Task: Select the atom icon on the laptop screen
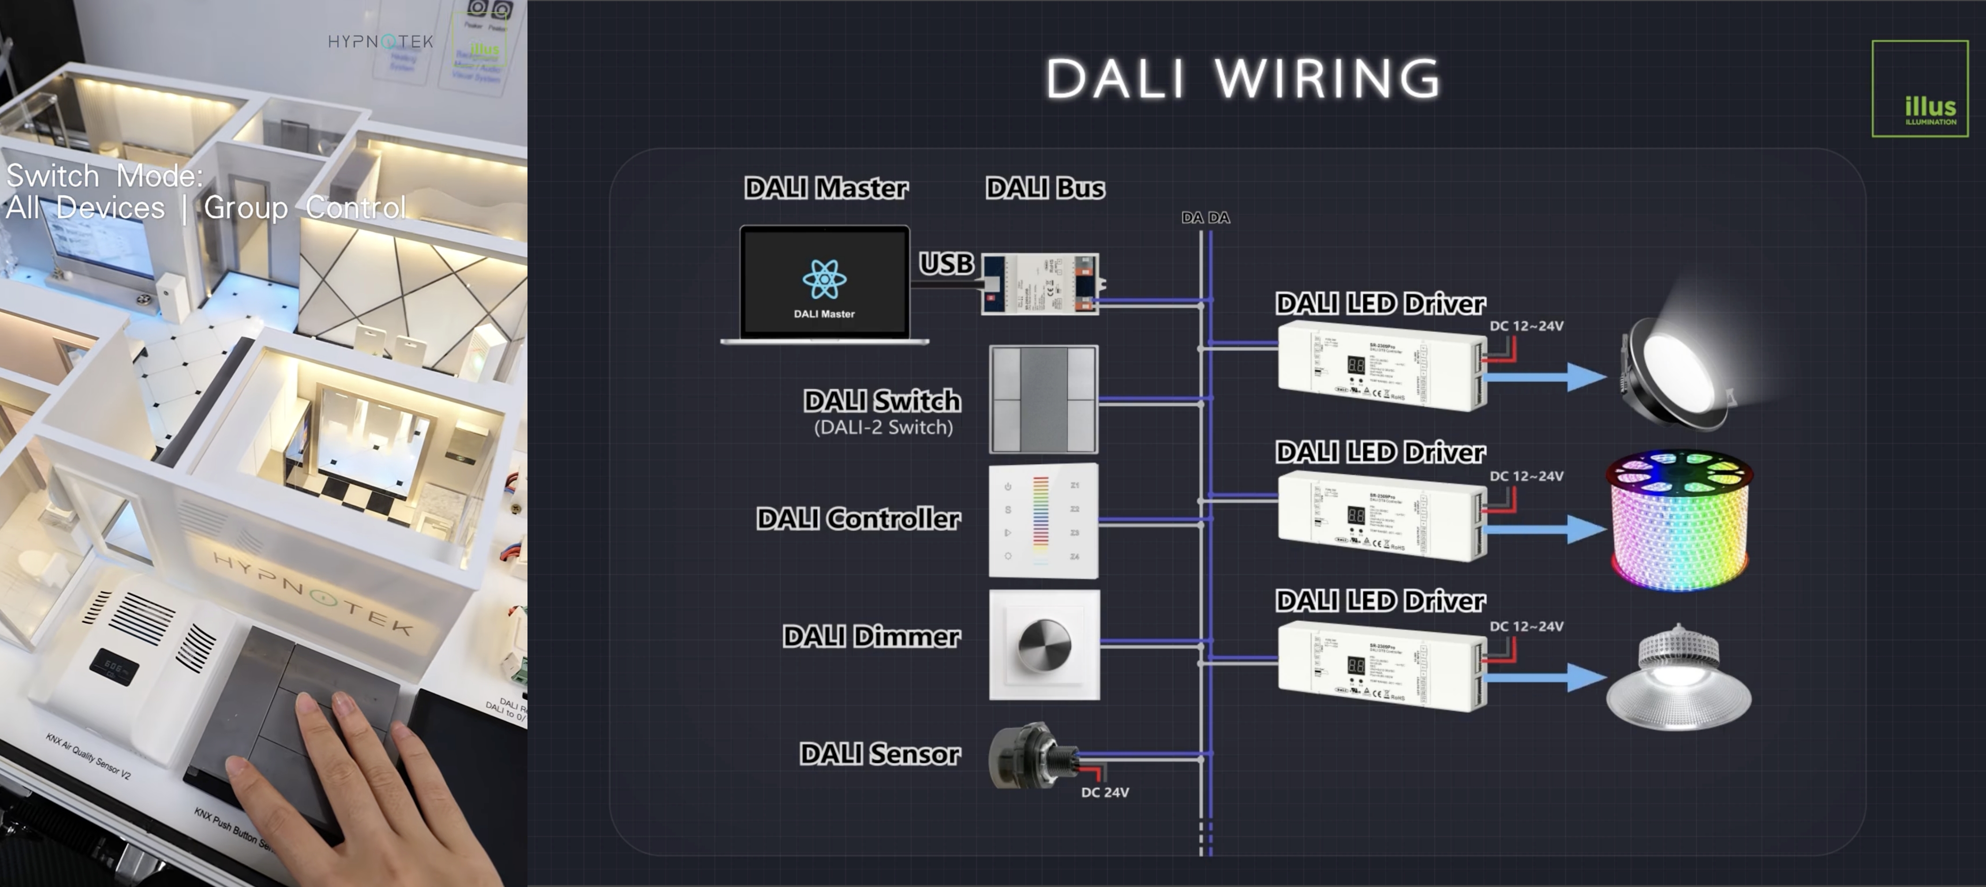[x=824, y=279]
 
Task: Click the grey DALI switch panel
[x=1043, y=399]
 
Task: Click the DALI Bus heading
[x=1045, y=188]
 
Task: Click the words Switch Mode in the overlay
[x=104, y=177]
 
